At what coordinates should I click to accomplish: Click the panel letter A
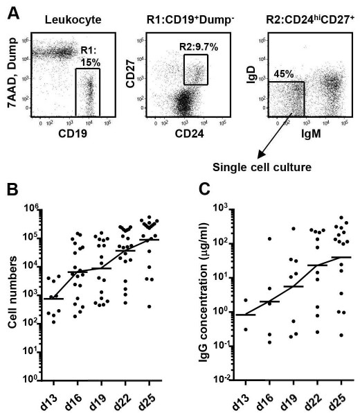pyautogui.click(x=9, y=8)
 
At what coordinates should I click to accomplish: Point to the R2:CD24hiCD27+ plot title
pyautogui.click(x=297, y=13)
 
